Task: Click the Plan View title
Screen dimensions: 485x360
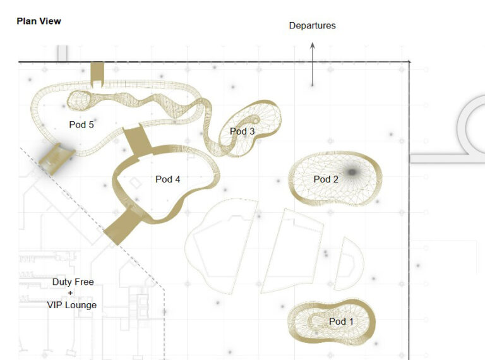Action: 39,21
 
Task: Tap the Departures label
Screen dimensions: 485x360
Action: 312,25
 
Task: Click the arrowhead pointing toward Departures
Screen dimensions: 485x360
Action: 313,45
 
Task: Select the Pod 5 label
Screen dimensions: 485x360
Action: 81,124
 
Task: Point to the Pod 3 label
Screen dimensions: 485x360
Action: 242,131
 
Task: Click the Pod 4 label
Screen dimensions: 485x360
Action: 167,179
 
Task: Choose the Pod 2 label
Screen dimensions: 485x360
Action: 326,179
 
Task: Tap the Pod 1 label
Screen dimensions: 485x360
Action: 341,321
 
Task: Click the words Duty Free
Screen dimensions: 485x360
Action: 73,282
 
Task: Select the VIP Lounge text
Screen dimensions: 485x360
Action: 72,305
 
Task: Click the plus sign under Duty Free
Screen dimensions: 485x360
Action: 71,293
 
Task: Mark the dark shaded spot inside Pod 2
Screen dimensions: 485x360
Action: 351,172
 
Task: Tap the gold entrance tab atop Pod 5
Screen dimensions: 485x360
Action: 97,75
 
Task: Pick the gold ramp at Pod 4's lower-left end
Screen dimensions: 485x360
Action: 122,227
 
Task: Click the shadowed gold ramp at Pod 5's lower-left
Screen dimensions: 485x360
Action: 57,159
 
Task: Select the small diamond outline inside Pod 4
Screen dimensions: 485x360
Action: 135,183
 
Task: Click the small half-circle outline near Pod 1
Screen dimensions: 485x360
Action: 349,263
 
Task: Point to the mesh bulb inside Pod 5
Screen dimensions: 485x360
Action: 79,100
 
